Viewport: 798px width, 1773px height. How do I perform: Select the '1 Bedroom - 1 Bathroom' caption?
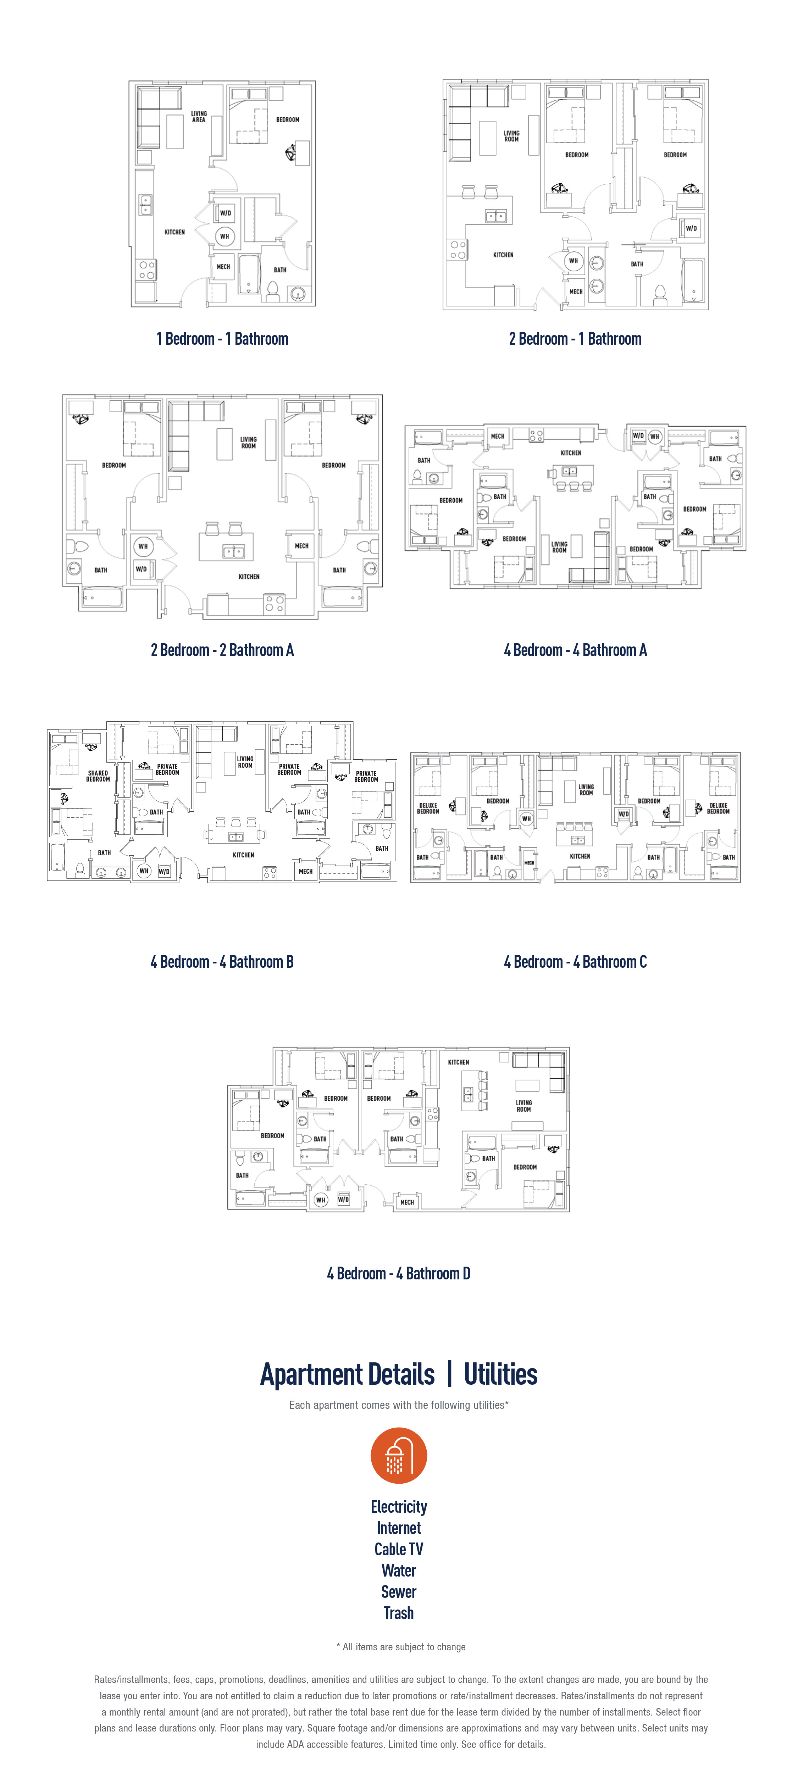coord(222,339)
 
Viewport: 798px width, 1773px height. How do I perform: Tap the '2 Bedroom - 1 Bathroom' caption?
coord(575,339)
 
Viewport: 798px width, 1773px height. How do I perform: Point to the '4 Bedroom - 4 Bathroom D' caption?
coord(399,1273)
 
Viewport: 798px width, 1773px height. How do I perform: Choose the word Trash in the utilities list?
coord(399,1613)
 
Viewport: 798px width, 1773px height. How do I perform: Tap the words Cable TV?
coord(399,1549)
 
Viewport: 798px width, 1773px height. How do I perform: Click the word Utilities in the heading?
coord(500,1374)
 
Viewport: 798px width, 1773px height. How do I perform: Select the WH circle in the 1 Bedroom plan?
coord(225,236)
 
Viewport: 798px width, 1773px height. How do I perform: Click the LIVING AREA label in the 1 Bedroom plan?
coord(199,117)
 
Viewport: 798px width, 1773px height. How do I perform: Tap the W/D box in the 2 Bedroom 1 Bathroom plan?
coord(691,228)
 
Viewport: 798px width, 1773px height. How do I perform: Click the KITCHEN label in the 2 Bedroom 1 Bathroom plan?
coord(503,255)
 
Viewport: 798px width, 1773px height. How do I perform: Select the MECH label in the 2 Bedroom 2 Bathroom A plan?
coord(301,546)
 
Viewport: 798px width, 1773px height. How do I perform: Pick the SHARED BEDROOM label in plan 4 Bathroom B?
coord(98,776)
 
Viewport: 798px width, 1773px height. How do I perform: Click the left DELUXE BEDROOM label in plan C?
coord(428,808)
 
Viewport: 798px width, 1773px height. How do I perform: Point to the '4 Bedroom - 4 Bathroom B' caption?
coord(222,962)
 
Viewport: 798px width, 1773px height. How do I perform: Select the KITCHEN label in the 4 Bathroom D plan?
coord(459,1062)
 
